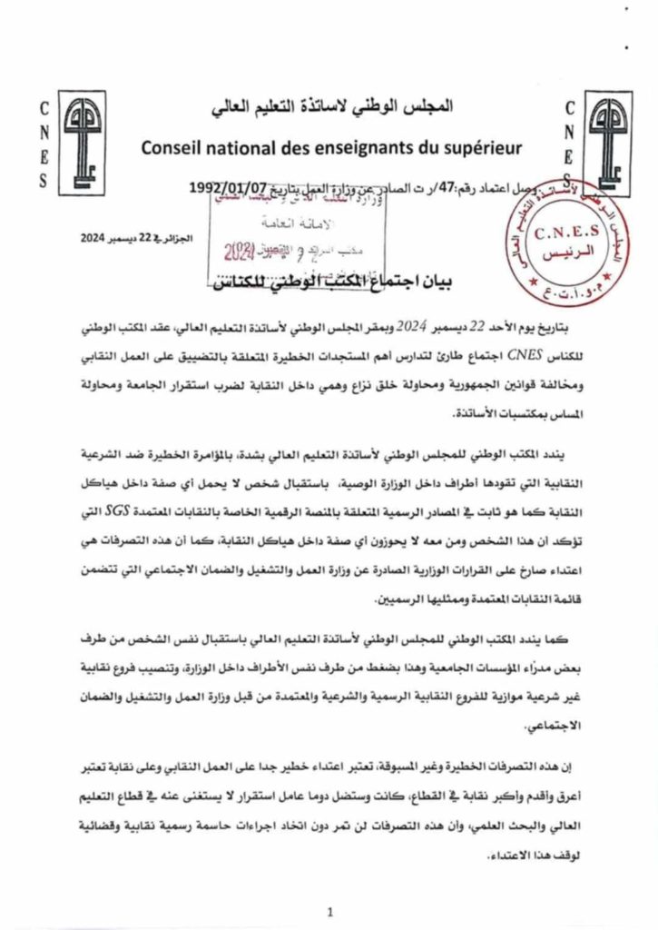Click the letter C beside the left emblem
(x=44, y=108)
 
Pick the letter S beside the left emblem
(x=44, y=180)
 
